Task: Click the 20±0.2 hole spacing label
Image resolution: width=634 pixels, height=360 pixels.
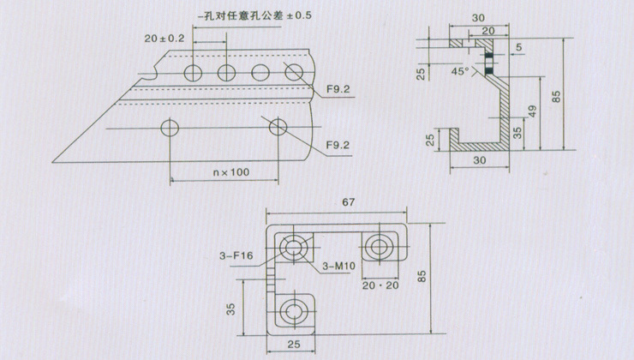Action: (164, 39)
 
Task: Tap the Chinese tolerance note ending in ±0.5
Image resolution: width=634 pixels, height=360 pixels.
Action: (254, 15)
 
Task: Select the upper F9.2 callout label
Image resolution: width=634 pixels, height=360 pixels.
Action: (338, 89)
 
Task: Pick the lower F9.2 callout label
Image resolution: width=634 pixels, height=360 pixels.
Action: (338, 145)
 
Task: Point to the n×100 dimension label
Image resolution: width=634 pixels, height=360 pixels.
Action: (231, 172)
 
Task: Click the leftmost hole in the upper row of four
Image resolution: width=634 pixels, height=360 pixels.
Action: (193, 73)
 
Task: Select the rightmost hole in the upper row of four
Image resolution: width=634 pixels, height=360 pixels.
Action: (294, 72)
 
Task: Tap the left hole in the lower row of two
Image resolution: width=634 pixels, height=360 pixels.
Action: (170, 129)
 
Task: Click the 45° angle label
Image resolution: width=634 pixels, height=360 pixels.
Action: (460, 72)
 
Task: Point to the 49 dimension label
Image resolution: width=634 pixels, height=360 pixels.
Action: (532, 111)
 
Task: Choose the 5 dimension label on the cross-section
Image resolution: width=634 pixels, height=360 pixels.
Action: (519, 47)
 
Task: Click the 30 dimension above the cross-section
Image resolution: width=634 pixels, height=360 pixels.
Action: (478, 18)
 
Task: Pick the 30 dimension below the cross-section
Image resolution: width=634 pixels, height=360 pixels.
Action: (480, 160)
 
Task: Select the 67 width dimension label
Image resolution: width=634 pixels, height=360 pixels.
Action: (348, 201)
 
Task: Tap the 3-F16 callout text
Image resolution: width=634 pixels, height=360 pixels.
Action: (236, 255)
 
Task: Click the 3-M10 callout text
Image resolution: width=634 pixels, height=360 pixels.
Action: (338, 266)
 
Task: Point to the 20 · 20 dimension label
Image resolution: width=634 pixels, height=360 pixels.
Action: (380, 285)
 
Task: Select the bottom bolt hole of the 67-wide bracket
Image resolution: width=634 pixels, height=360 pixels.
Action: (291, 311)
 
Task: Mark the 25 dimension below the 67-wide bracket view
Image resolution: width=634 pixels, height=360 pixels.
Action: (294, 345)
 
